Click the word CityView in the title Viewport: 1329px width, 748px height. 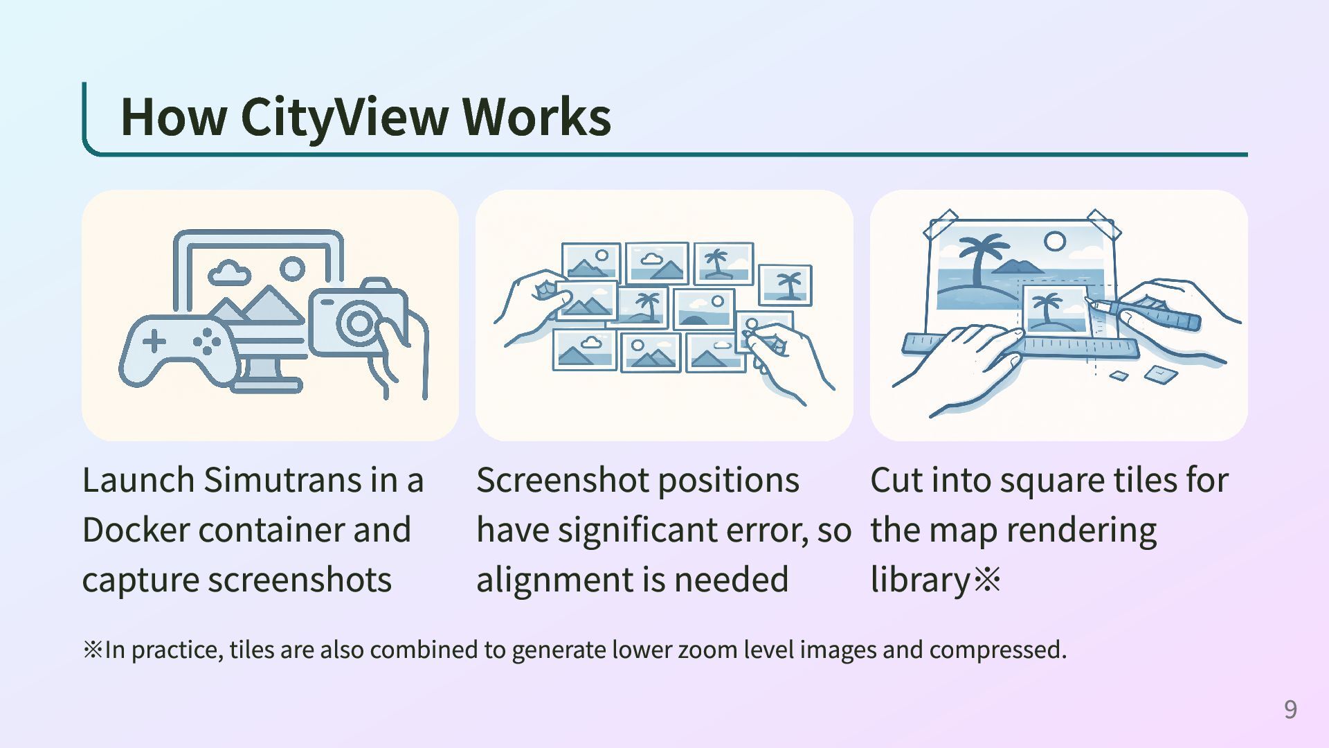pyautogui.click(x=344, y=116)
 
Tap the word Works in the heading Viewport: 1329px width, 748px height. pyautogui.click(x=536, y=116)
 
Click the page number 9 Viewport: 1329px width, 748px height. pyautogui.click(x=1290, y=709)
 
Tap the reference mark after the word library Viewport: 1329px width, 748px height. pyautogui.click(x=987, y=580)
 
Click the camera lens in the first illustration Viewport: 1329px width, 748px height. pyautogui.click(x=359, y=323)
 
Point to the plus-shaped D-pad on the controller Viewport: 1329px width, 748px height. pyautogui.click(x=154, y=341)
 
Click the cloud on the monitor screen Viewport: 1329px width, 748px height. pyautogui.click(x=229, y=273)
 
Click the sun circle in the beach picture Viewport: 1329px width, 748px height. pyautogui.click(x=1054, y=242)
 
